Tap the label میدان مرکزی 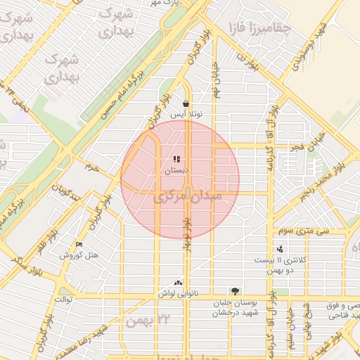click(x=192, y=198)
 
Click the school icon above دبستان click(x=176, y=160)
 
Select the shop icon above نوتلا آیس click(x=186, y=103)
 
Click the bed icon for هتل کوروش click(x=79, y=244)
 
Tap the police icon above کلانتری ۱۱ click(x=281, y=248)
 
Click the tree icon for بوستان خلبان click(x=235, y=291)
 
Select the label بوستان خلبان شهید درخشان click(x=235, y=307)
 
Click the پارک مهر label click(x=167, y=4)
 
